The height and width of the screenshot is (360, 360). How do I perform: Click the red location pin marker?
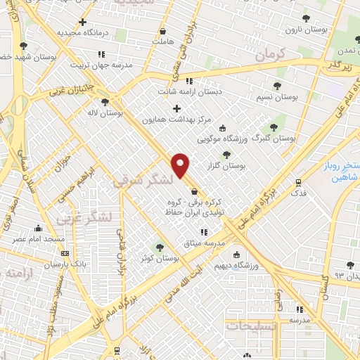[181, 165]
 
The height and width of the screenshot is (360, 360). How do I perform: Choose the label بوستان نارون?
[303, 30]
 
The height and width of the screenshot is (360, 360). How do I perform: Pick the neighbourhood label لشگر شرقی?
[141, 181]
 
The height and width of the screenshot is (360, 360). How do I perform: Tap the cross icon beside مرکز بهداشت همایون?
[176, 108]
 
